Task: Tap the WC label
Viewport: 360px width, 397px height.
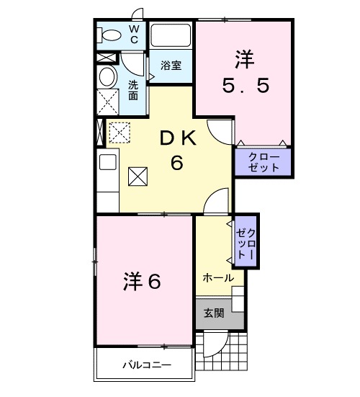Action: pos(134,33)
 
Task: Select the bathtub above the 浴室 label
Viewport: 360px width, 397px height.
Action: pos(170,35)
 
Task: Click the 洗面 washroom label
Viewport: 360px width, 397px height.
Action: pos(133,89)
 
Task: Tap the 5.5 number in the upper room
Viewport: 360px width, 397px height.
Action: pos(244,85)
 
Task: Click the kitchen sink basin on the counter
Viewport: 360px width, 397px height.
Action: pos(107,162)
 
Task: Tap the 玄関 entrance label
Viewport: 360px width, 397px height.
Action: pos(214,313)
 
